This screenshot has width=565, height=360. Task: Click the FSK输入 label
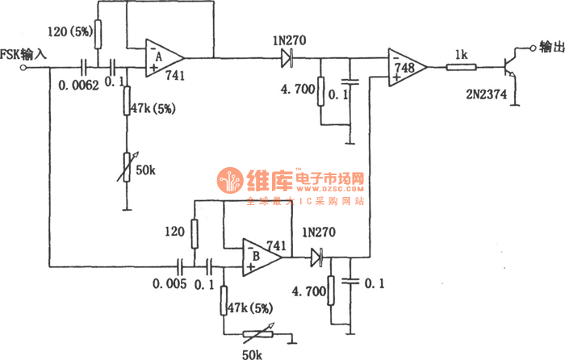pos(27,55)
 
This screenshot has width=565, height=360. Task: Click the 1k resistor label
pos(461,52)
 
